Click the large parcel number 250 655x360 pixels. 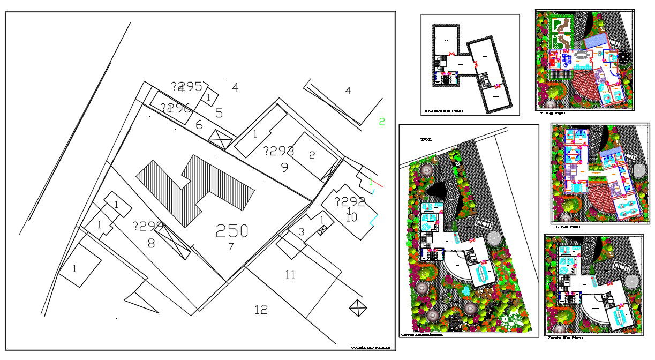tap(232, 231)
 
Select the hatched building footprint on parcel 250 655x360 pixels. tap(195, 185)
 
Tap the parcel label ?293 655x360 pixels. tap(278, 151)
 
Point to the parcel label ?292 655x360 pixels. tap(350, 202)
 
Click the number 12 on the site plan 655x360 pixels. tap(261, 310)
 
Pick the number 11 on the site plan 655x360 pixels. tap(290, 275)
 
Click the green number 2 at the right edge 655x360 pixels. tap(382, 122)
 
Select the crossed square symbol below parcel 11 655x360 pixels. tap(357, 307)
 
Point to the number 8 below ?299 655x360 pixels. tap(151, 244)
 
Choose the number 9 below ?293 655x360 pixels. tap(284, 168)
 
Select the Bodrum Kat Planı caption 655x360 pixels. tap(443, 111)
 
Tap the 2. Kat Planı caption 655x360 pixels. tap(553, 114)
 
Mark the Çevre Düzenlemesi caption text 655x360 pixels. tap(422, 334)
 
